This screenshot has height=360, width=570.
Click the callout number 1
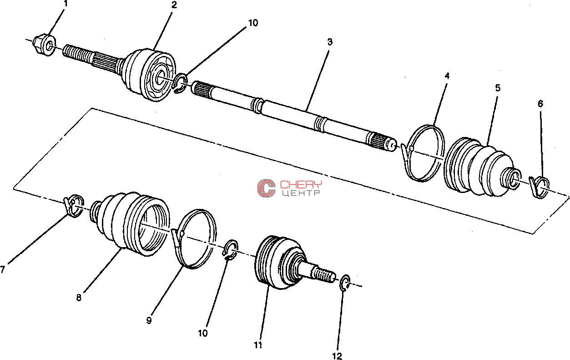(66, 4)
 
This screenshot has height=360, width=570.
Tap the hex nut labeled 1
(44, 45)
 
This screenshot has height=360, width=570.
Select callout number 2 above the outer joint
(174, 5)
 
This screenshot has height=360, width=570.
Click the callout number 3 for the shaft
(330, 42)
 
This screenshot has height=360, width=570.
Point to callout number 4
(447, 76)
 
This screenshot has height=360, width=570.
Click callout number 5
(498, 88)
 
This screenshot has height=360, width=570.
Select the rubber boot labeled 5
(481, 167)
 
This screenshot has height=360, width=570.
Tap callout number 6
(540, 104)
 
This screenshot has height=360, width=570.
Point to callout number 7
(3, 269)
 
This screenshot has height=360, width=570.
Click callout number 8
(79, 297)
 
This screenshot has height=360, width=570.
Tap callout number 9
(149, 320)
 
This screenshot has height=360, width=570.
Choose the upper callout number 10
(253, 23)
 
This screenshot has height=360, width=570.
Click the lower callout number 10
(203, 333)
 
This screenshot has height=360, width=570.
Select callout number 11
(258, 345)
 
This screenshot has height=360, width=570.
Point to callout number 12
(337, 356)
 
